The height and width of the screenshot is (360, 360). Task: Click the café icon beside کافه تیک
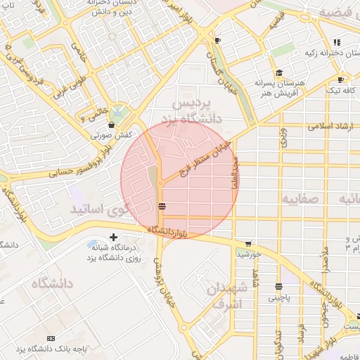341,79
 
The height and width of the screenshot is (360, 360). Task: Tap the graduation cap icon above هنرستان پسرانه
279,72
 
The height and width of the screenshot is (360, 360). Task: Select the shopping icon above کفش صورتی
112,124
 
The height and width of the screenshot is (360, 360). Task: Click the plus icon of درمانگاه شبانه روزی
113,238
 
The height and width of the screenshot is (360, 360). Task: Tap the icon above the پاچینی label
279,287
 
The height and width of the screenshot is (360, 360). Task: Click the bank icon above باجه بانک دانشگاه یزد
50,338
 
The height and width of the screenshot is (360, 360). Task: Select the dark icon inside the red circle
162,206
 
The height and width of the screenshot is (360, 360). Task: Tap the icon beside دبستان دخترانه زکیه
337,41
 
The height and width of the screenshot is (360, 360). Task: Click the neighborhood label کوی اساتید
98,209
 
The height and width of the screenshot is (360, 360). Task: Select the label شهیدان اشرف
226,296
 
